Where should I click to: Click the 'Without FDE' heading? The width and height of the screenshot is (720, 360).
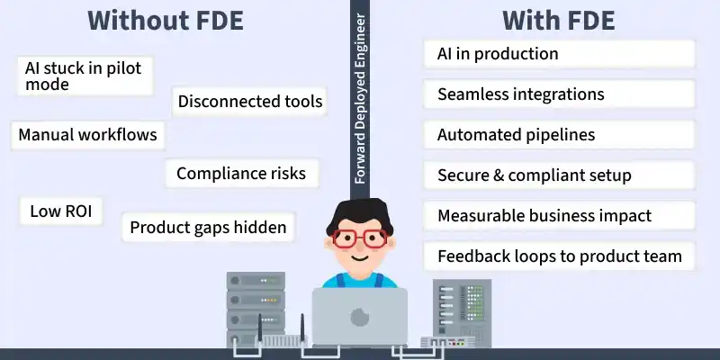coord(166,21)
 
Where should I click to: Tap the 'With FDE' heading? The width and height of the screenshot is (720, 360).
coord(558,21)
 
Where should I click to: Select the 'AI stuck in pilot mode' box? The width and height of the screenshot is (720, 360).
coord(85,76)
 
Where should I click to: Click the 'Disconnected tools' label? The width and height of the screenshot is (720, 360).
coord(250,101)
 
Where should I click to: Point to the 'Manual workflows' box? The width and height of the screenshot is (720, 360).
coord(87,135)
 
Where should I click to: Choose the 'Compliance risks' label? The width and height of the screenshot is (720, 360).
coord(241,173)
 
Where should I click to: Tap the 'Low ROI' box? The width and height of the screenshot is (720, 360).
coord(61,211)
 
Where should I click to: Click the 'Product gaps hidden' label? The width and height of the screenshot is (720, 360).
coord(208,227)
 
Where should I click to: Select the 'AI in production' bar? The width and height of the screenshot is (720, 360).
coord(559,54)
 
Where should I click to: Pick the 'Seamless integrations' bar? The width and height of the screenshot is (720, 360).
coord(559,94)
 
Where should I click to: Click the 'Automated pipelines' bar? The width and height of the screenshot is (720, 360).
coord(559,134)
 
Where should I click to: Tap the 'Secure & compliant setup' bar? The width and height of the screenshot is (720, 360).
coord(559,175)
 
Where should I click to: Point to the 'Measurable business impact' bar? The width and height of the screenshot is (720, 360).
coord(559,215)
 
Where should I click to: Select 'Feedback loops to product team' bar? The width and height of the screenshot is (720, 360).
coord(559,256)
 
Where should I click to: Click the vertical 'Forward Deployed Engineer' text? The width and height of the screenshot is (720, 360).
coord(360,99)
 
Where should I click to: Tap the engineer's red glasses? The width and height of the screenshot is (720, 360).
coord(359,238)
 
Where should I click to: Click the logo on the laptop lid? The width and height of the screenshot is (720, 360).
coord(359,317)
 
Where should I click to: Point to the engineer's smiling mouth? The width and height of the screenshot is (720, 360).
coord(359,257)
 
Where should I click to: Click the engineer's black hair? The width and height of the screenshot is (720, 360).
coord(359,213)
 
